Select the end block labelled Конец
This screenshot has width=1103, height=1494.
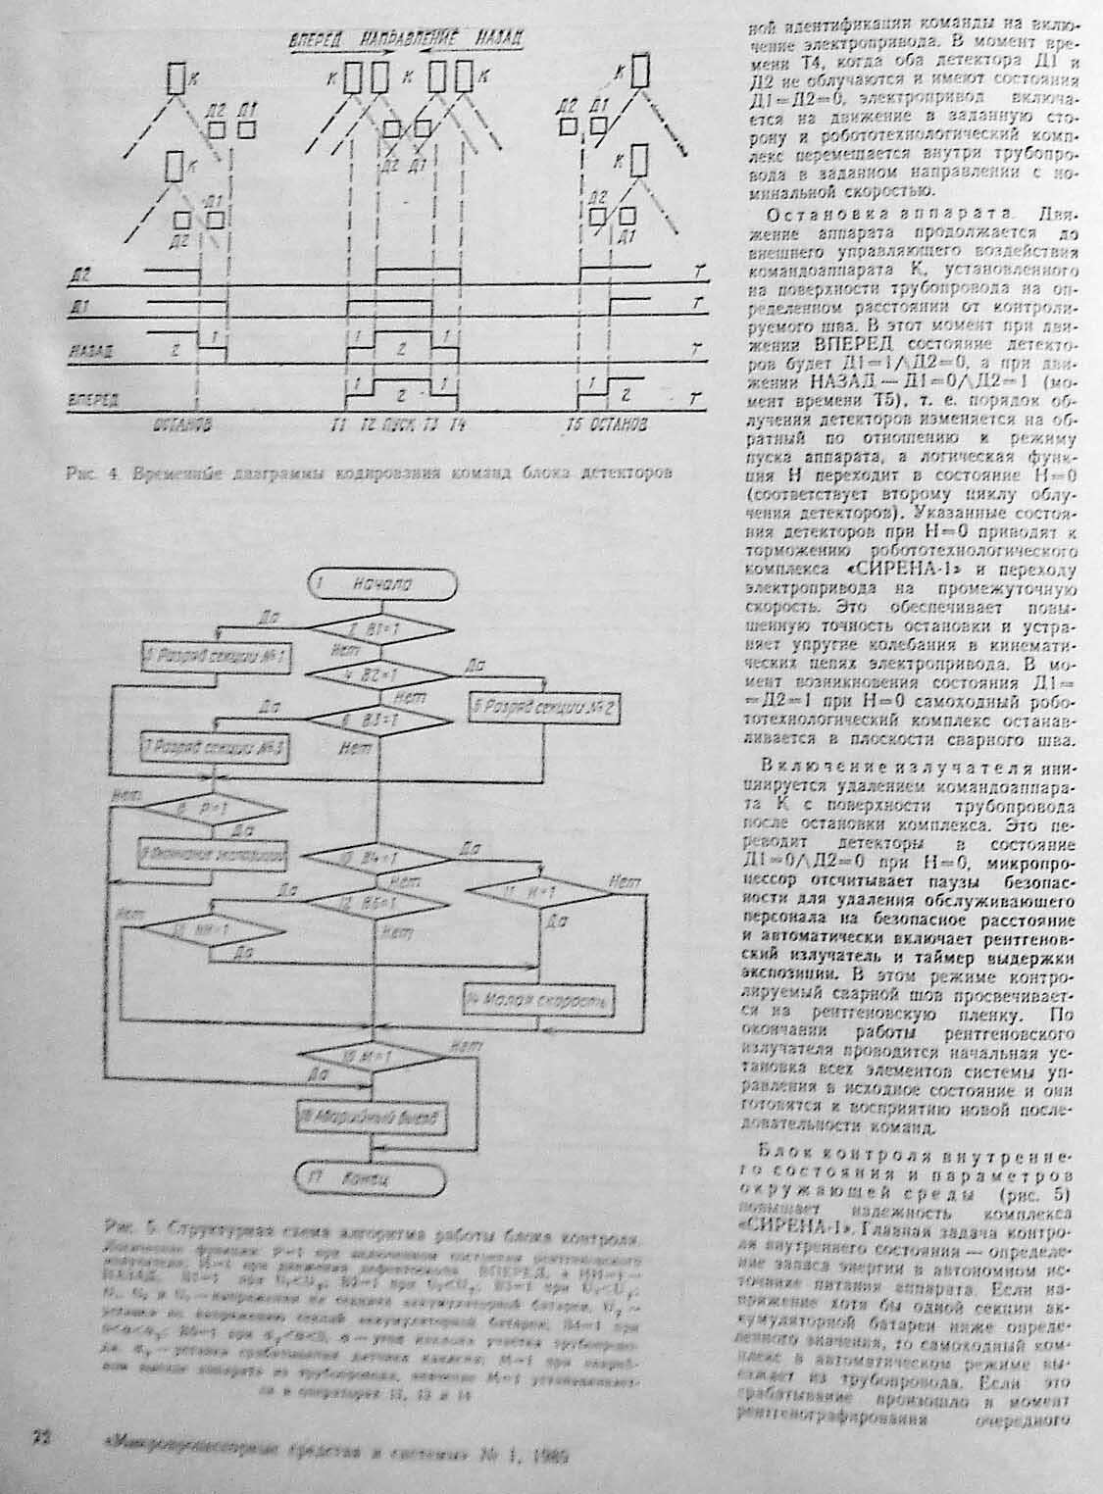pos(369,1176)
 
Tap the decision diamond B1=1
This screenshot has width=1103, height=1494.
pos(383,629)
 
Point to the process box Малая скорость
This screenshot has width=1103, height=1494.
pos(539,1002)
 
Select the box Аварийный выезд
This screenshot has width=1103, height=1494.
pos(373,1117)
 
